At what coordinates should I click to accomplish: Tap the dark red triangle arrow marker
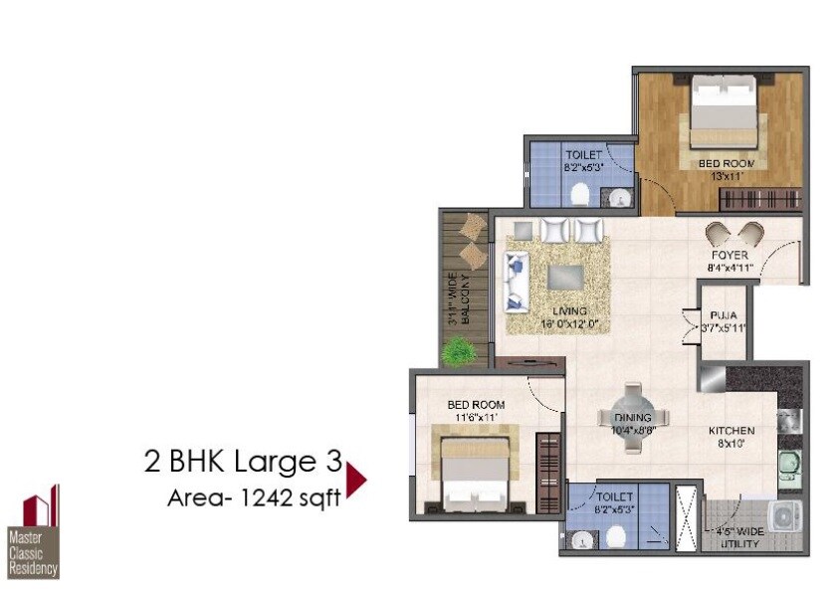355,479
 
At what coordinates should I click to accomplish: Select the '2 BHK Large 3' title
243,463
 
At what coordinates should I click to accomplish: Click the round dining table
632,418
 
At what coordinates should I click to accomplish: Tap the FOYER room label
730,261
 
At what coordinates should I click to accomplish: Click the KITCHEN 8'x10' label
732,437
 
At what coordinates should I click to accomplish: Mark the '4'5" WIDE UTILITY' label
737,538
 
